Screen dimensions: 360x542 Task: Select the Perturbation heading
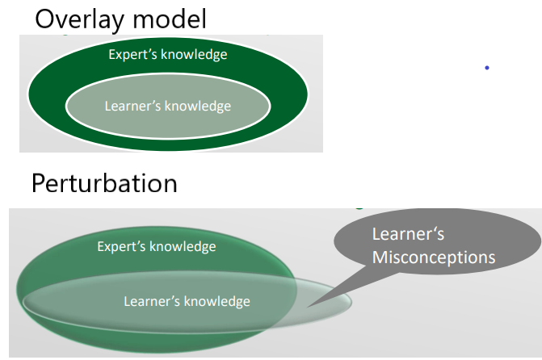pos(104,183)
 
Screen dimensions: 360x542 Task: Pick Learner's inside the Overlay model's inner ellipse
pos(132,106)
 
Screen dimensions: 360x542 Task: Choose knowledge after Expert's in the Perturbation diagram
pos(184,247)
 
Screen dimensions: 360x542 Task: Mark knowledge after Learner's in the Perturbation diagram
pos(216,302)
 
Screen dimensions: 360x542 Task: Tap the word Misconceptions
pos(433,257)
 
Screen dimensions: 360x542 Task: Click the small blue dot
pos(487,68)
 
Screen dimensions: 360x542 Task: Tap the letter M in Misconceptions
pos(379,257)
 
